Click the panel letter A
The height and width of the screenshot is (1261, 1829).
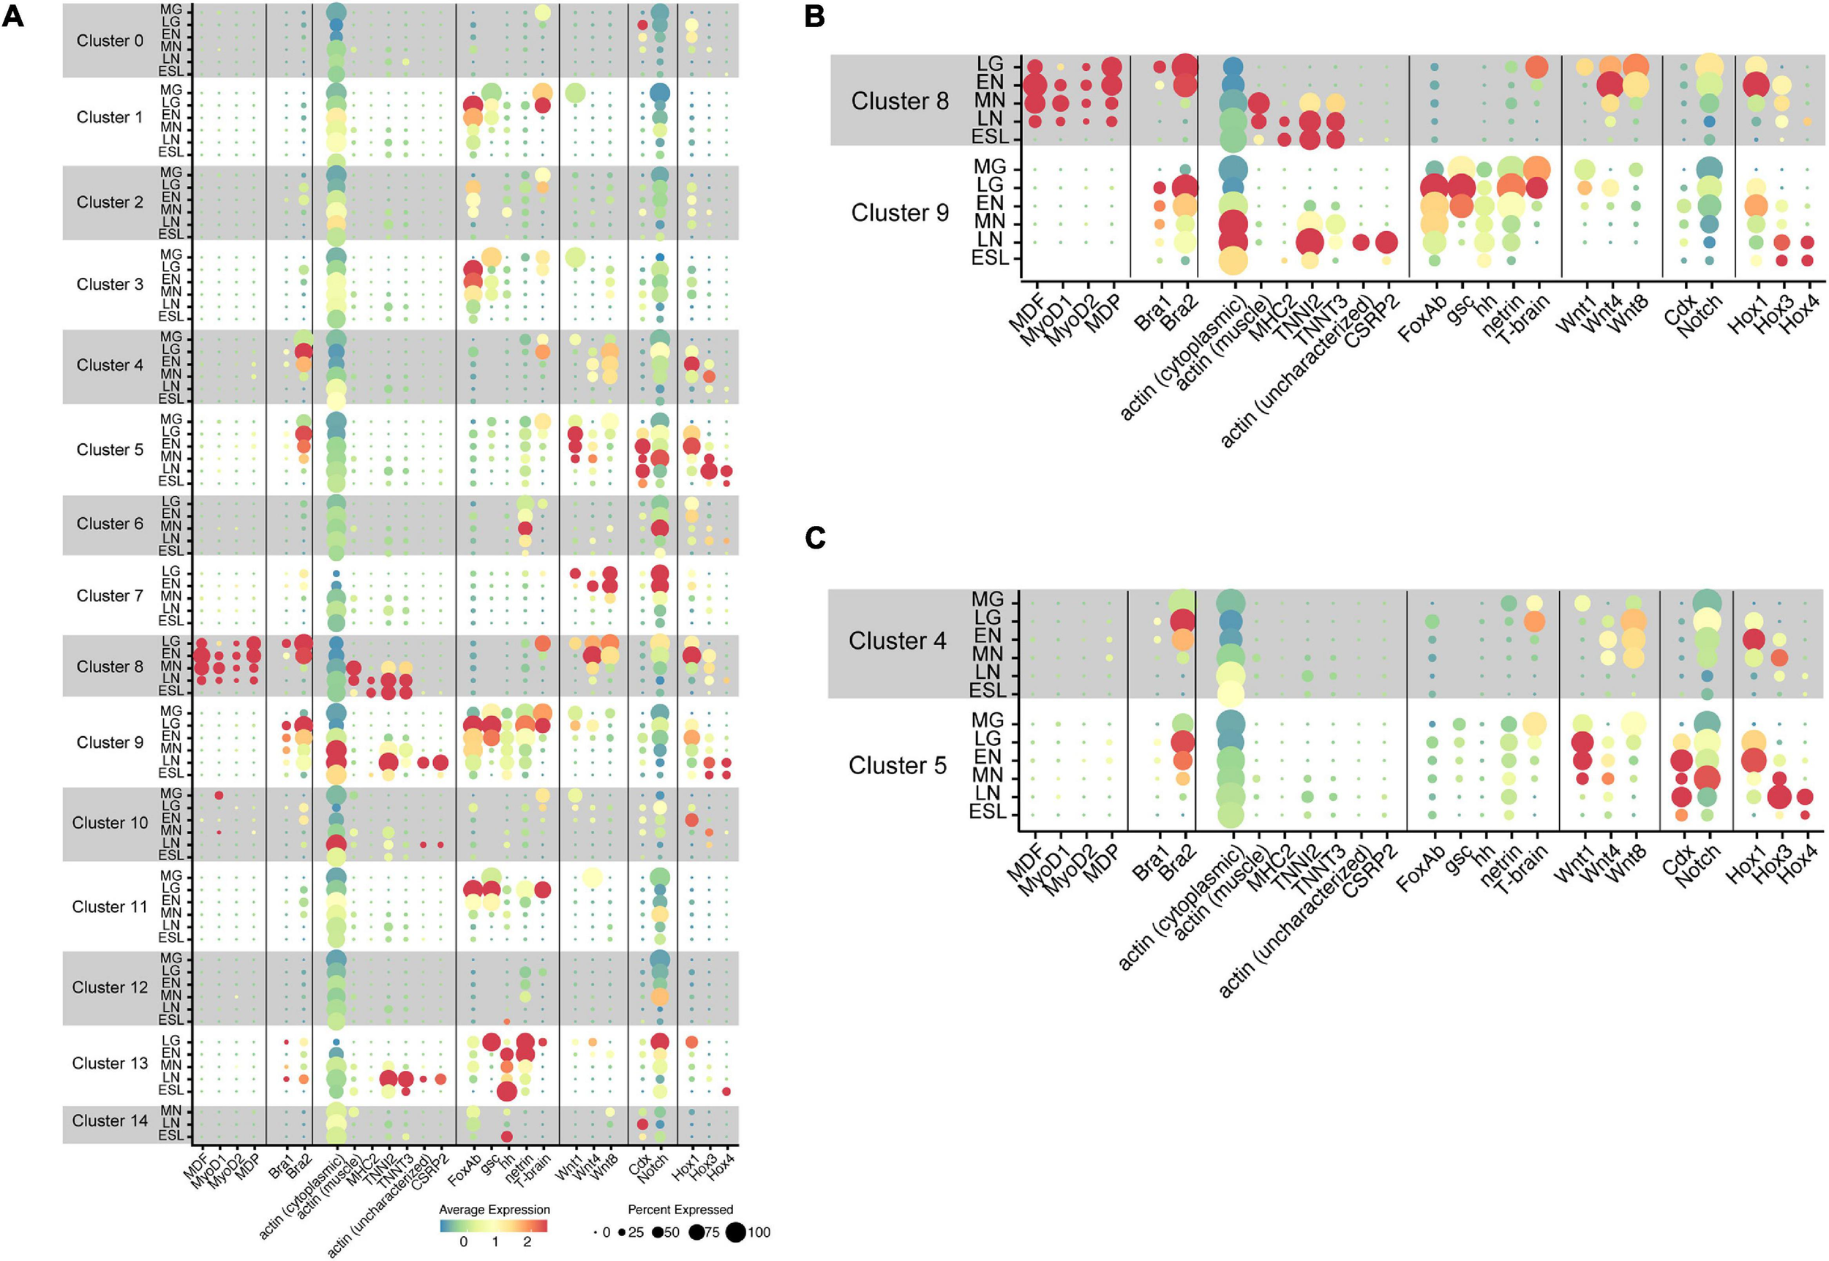[x=13, y=16]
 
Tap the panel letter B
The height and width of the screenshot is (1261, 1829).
[x=814, y=16]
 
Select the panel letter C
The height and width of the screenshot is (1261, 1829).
[x=814, y=538]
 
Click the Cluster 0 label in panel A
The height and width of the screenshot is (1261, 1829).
[x=110, y=41]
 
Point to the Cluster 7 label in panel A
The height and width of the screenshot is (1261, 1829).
[x=110, y=595]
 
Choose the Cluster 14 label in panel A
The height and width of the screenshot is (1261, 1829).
[x=110, y=1121]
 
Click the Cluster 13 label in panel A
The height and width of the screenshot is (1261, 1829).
[x=110, y=1064]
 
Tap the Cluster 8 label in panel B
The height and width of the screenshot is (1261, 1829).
[x=900, y=101]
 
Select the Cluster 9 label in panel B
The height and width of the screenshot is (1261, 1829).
[x=900, y=213]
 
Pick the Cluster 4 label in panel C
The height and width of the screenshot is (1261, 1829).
[x=898, y=641]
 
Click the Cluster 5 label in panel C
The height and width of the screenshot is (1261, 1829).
[x=898, y=766]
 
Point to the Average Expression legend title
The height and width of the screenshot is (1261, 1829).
[x=494, y=1210]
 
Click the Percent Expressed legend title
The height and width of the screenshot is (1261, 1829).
[x=680, y=1210]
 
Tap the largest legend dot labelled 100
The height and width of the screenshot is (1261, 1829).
[x=735, y=1232]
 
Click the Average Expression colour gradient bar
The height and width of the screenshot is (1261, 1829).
[x=494, y=1226]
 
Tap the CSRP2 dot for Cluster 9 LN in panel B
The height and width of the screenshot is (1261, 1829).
[x=1386, y=243]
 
